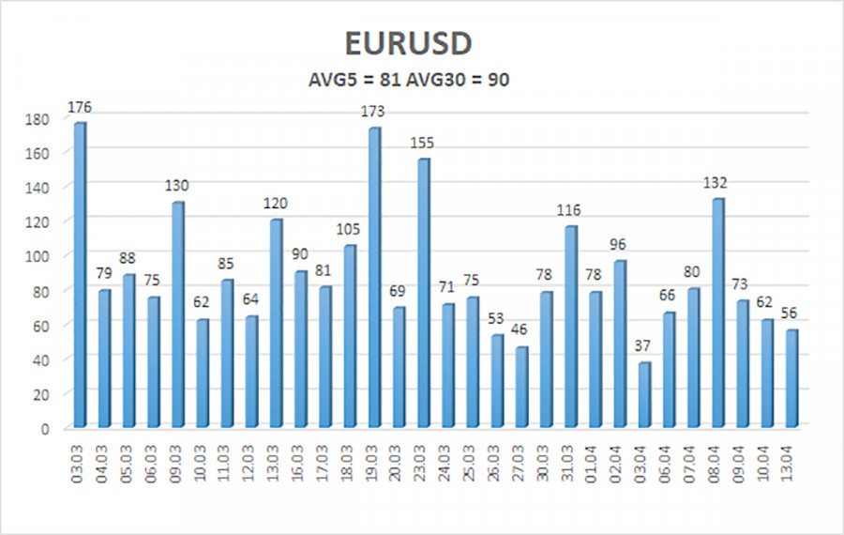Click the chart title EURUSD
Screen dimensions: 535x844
coord(421,44)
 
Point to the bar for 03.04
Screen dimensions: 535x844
coord(644,395)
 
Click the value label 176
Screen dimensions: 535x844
coord(80,107)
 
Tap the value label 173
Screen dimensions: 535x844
coord(374,112)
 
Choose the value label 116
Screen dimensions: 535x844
coord(570,210)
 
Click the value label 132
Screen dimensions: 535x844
coord(718,183)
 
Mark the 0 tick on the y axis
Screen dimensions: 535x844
coord(45,428)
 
